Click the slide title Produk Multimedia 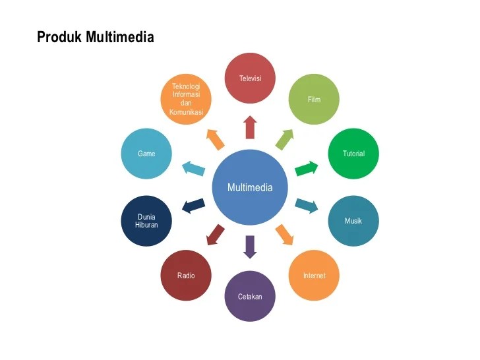click(x=95, y=37)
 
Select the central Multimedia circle click(x=250, y=187)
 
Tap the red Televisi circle click(x=250, y=78)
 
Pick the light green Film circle click(x=314, y=99)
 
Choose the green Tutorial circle click(x=353, y=154)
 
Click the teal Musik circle click(x=353, y=221)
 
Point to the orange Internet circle click(x=314, y=275)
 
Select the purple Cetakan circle click(x=250, y=296)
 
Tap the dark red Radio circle click(x=186, y=275)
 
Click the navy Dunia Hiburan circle click(x=146, y=221)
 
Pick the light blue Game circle click(x=146, y=154)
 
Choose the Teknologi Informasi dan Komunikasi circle click(x=186, y=99)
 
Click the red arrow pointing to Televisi click(x=250, y=127)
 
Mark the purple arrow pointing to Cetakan click(x=250, y=246)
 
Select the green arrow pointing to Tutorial click(x=306, y=168)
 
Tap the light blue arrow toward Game click(x=194, y=168)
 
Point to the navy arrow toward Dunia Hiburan click(x=193, y=206)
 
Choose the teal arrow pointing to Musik click(x=307, y=206)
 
